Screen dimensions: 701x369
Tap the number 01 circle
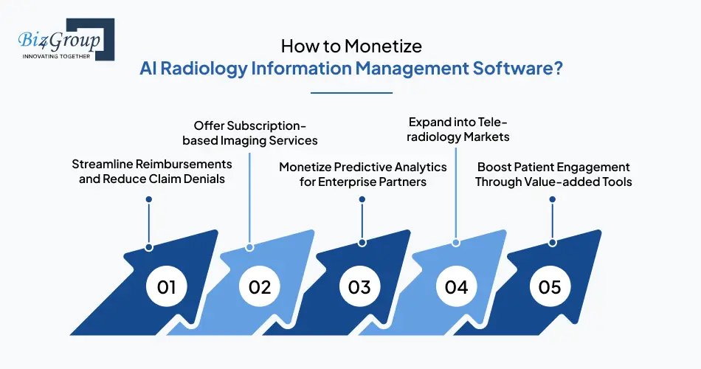[166, 286]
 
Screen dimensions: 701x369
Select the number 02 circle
[259, 286]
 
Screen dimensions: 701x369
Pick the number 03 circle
[359, 286]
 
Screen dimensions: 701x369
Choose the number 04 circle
[456, 286]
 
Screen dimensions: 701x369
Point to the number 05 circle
[550, 286]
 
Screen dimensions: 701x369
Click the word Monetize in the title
[383, 46]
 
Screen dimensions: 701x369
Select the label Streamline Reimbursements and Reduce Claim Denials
[152, 171]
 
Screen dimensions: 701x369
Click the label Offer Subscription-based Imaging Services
[250, 133]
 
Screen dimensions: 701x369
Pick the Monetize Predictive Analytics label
[362, 174]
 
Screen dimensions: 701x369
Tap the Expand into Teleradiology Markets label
[457, 129]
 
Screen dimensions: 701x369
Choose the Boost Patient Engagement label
[553, 174]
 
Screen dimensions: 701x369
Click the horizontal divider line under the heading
[351, 93]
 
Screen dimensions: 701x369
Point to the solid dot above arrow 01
[149, 199]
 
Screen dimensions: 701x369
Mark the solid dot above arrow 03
[362, 199]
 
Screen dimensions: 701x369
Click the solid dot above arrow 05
[553, 199]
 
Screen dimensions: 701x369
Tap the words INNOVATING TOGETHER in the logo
[56, 56]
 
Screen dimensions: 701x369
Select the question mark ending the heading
[558, 69]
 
